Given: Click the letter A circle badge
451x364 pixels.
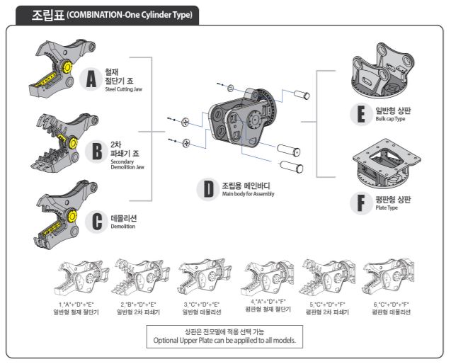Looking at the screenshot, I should [91, 80].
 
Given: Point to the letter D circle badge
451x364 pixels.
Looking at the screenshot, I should [208, 189].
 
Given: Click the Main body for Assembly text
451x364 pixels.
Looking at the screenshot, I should [247, 193].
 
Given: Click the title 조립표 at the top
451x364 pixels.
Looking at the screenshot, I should [47, 15].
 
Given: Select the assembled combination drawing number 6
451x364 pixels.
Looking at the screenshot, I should [390, 278].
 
